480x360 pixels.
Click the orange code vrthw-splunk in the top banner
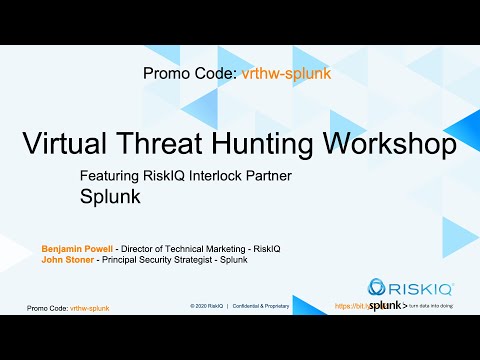point(286,73)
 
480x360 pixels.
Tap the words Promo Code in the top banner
point(190,73)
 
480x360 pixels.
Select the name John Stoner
point(66,260)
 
